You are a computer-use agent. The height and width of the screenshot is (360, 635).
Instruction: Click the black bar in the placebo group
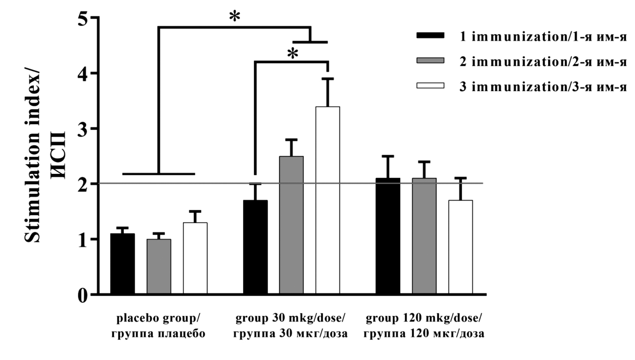click(x=122, y=264)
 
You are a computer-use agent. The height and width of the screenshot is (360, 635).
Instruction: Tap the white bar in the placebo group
click(x=195, y=258)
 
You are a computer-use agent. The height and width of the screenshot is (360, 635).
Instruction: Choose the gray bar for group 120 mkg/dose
click(x=424, y=236)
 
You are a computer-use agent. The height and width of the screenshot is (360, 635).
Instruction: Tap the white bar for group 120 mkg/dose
click(x=460, y=247)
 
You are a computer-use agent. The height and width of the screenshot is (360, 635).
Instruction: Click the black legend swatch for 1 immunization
click(x=430, y=35)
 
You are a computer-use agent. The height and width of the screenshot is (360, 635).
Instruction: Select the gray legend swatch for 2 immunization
click(x=430, y=61)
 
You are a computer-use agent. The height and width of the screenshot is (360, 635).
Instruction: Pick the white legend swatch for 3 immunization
click(x=430, y=86)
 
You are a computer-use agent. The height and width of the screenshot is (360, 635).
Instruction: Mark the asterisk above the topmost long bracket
click(x=235, y=17)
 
